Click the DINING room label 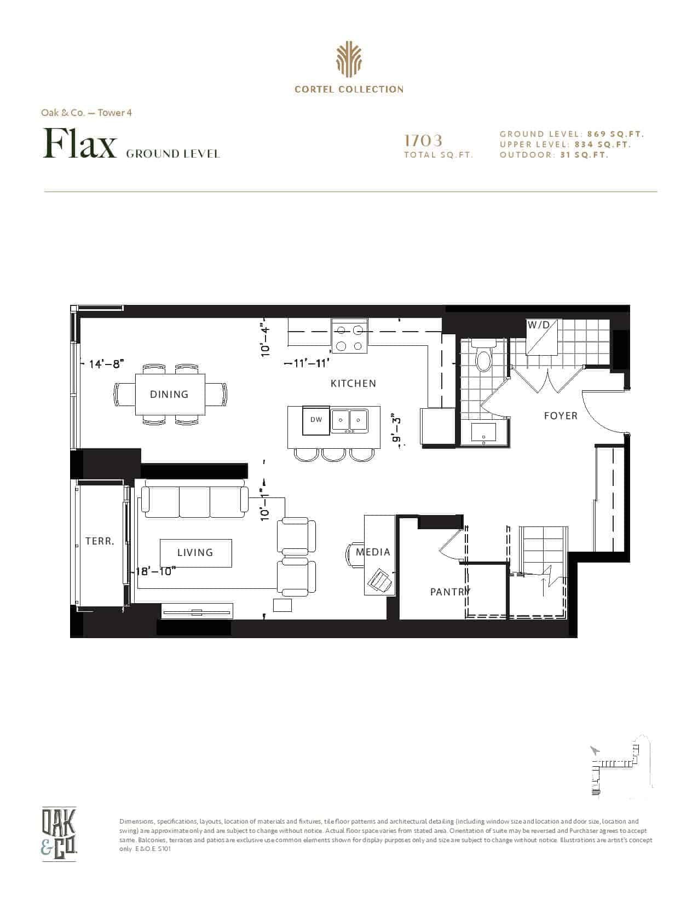(x=169, y=394)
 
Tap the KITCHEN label (x=353, y=383)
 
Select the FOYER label (x=561, y=415)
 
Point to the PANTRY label (x=450, y=592)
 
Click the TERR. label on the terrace (x=100, y=541)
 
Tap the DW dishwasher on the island (x=316, y=420)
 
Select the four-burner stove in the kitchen (x=349, y=336)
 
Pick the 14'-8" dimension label (x=107, y=364)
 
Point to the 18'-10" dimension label (x=154, y=571)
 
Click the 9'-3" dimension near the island (x=397, y=430)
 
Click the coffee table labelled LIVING (x=196, y=553)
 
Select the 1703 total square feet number (x=424, y=141)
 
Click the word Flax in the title (x=79, y=143)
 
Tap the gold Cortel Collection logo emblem (x=349, y=60)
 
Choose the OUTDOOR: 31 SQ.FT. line (x=554, y=155)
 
